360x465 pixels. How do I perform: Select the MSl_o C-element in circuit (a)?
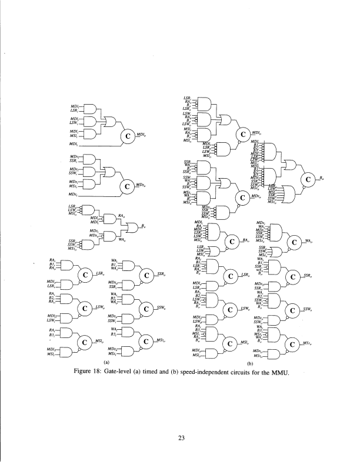tap(86, 342)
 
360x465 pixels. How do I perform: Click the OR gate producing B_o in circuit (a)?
tap(131, 227)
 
